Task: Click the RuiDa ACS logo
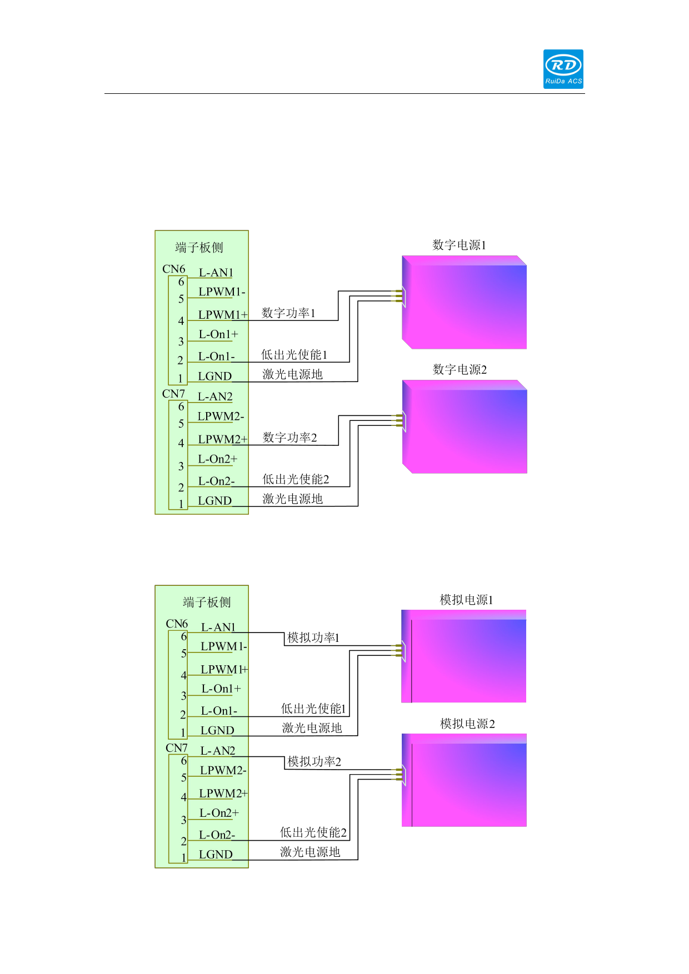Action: coord(563,69)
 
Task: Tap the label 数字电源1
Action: coord(459,245)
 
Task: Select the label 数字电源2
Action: coord(460,369)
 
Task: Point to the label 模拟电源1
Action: coord(466,600)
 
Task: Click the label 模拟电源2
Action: coord(467,724)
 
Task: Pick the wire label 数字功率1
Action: coord(288,313)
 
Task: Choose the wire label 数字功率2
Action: coord(289,438)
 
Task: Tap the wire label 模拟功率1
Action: coord(313,637)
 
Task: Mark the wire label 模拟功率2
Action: coord(314,761)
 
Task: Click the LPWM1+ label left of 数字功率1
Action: coord(222,315)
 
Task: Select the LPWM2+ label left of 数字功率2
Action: coord(222,439)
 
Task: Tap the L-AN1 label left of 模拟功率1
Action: coord(218,627)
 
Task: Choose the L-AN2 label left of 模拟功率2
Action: coord(217,751)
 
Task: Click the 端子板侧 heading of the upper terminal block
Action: coord(199,248)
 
